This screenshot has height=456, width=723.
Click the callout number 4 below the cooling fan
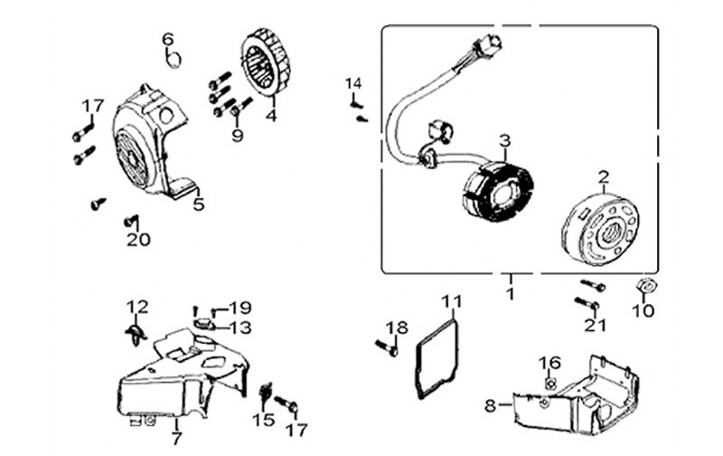271,115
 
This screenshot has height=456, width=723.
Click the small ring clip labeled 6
174,60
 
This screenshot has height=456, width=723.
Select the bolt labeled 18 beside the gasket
385,346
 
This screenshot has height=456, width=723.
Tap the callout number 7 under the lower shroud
176,438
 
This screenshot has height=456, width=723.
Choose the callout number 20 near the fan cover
138,240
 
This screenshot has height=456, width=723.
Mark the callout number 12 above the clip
136,306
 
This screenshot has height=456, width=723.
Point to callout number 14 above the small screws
352,84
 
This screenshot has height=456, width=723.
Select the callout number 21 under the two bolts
593,325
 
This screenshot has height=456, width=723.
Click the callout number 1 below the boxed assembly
510,293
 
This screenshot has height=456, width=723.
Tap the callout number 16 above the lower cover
550,363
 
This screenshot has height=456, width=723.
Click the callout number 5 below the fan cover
198,204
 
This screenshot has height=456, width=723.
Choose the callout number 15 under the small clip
263,420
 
